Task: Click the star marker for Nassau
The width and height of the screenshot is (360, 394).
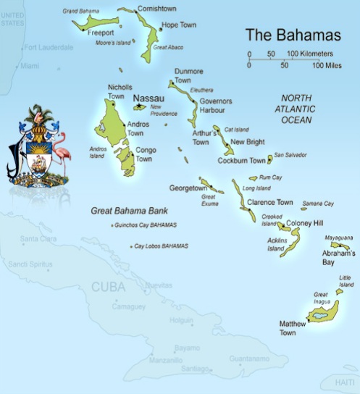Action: pyautogui.click(x=138, y=106)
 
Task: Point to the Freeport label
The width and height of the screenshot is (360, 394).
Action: pyautogui.click(x=101, y=33)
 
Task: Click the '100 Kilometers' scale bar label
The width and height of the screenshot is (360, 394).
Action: pyautogui.click(x=309, y=54)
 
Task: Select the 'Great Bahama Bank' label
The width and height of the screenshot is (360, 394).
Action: pyautogui.click(x=128, y=210)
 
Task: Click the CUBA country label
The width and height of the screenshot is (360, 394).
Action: pyautogui.click(x=109, y=287)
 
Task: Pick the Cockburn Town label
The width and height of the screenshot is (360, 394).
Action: pyautogui.click(x=242, y=160)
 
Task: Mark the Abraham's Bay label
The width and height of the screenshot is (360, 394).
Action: pyautogui.click(x=338, y=258)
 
